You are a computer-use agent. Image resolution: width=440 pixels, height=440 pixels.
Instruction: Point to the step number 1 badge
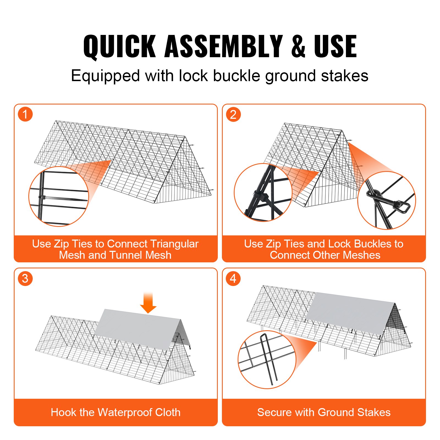(x=25, y=114)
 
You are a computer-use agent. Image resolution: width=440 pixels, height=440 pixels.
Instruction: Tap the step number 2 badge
(x=233, y=114)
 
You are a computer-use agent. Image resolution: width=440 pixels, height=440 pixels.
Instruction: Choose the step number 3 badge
(x=25, y=279)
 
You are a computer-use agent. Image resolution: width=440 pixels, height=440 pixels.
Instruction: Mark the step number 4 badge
(x=233, y=279)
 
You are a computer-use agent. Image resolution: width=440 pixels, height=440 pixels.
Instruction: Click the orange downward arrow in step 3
(x=148, y=304)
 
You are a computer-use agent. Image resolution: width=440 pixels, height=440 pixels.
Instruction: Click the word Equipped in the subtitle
(x=105, y=76)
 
